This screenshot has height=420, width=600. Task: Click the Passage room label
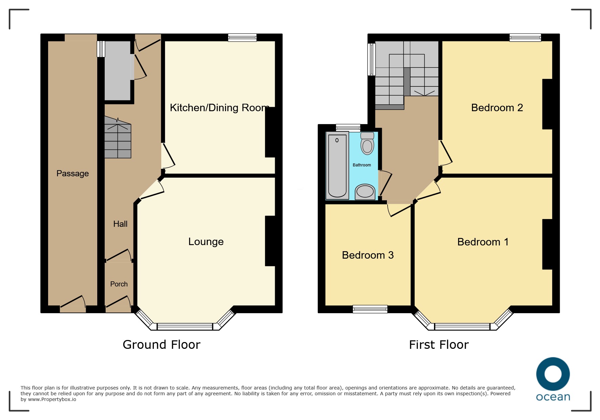click(73, 174)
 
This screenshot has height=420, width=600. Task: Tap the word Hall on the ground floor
click(120, 224)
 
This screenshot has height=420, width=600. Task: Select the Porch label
click(119, 284)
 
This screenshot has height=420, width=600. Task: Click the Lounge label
click(206, 242)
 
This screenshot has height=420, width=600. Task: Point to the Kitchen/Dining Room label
click(220, 108)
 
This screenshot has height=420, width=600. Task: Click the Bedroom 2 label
click(497, 108)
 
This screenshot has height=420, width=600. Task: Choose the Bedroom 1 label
click(483, 242)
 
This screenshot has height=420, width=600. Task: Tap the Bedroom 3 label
click(368, 255)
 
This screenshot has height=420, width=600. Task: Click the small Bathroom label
click(362, 165)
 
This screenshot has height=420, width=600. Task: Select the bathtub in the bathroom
click(337, 165)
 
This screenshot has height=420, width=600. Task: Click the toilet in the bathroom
click(367, 143)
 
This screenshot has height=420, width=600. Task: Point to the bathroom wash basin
click(365, 192)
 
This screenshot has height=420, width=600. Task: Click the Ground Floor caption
click(162, 345)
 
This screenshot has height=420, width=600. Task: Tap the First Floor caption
click(439, 345)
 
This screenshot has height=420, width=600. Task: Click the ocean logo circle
click(553, 374)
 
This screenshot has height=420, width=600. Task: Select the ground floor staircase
click(118, 137)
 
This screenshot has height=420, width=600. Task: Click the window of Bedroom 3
click(370, 309)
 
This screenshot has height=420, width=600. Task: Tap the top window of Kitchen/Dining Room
click(242, 37)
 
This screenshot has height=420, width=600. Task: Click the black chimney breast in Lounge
click(270, 241)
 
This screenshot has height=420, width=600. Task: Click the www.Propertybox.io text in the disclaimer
click(52, 400)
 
